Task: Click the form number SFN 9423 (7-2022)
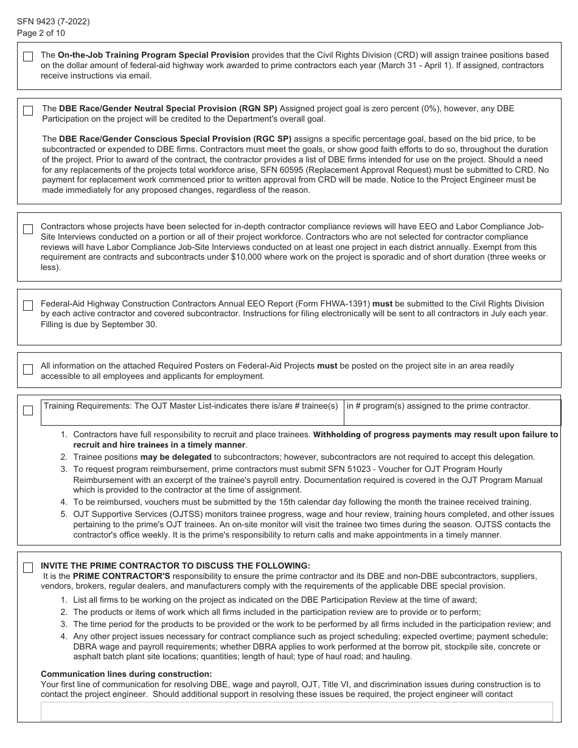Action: (54, 22)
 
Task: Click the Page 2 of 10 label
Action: (41, 33)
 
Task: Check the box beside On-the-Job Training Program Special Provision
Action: (28, 57)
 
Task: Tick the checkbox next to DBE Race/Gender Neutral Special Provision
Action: (28, 111)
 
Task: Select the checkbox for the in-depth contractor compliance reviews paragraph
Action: (28, 229)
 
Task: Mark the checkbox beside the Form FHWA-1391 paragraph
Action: (28, 306)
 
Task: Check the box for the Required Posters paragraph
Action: (28, 370)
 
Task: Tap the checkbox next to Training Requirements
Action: (28, 410)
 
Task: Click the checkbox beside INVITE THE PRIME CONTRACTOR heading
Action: (28, 567)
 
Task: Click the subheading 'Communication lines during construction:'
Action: (127, 674)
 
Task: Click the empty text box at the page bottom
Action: (296, 712)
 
